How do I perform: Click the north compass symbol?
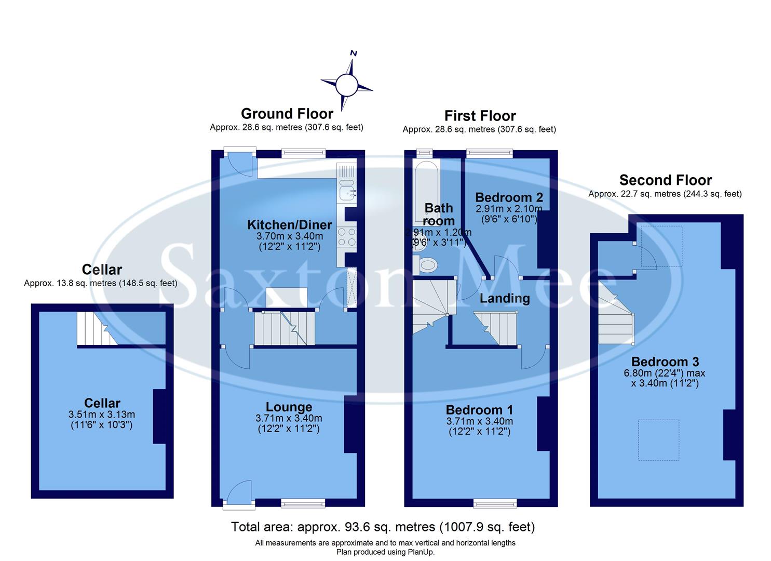pos(346,84)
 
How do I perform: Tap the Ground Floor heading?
pos(287,114)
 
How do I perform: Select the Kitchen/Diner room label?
pos(289,225)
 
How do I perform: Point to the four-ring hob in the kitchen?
pos(346,238)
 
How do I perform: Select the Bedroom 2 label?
pos(509,197)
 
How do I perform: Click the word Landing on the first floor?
pos(504,298)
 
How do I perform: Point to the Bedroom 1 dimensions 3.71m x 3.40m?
pos(479,421)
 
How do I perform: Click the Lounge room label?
pos(289,407)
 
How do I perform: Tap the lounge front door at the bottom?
pos(239,493)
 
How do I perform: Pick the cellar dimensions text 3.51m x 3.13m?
pos(102,415)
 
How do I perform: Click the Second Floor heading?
pos(665,180)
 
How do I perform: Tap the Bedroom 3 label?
pos(665,362)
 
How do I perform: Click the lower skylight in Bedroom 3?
pos(658,440)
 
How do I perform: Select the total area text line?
pos(383,527)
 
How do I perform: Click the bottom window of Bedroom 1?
pos(495,502)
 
